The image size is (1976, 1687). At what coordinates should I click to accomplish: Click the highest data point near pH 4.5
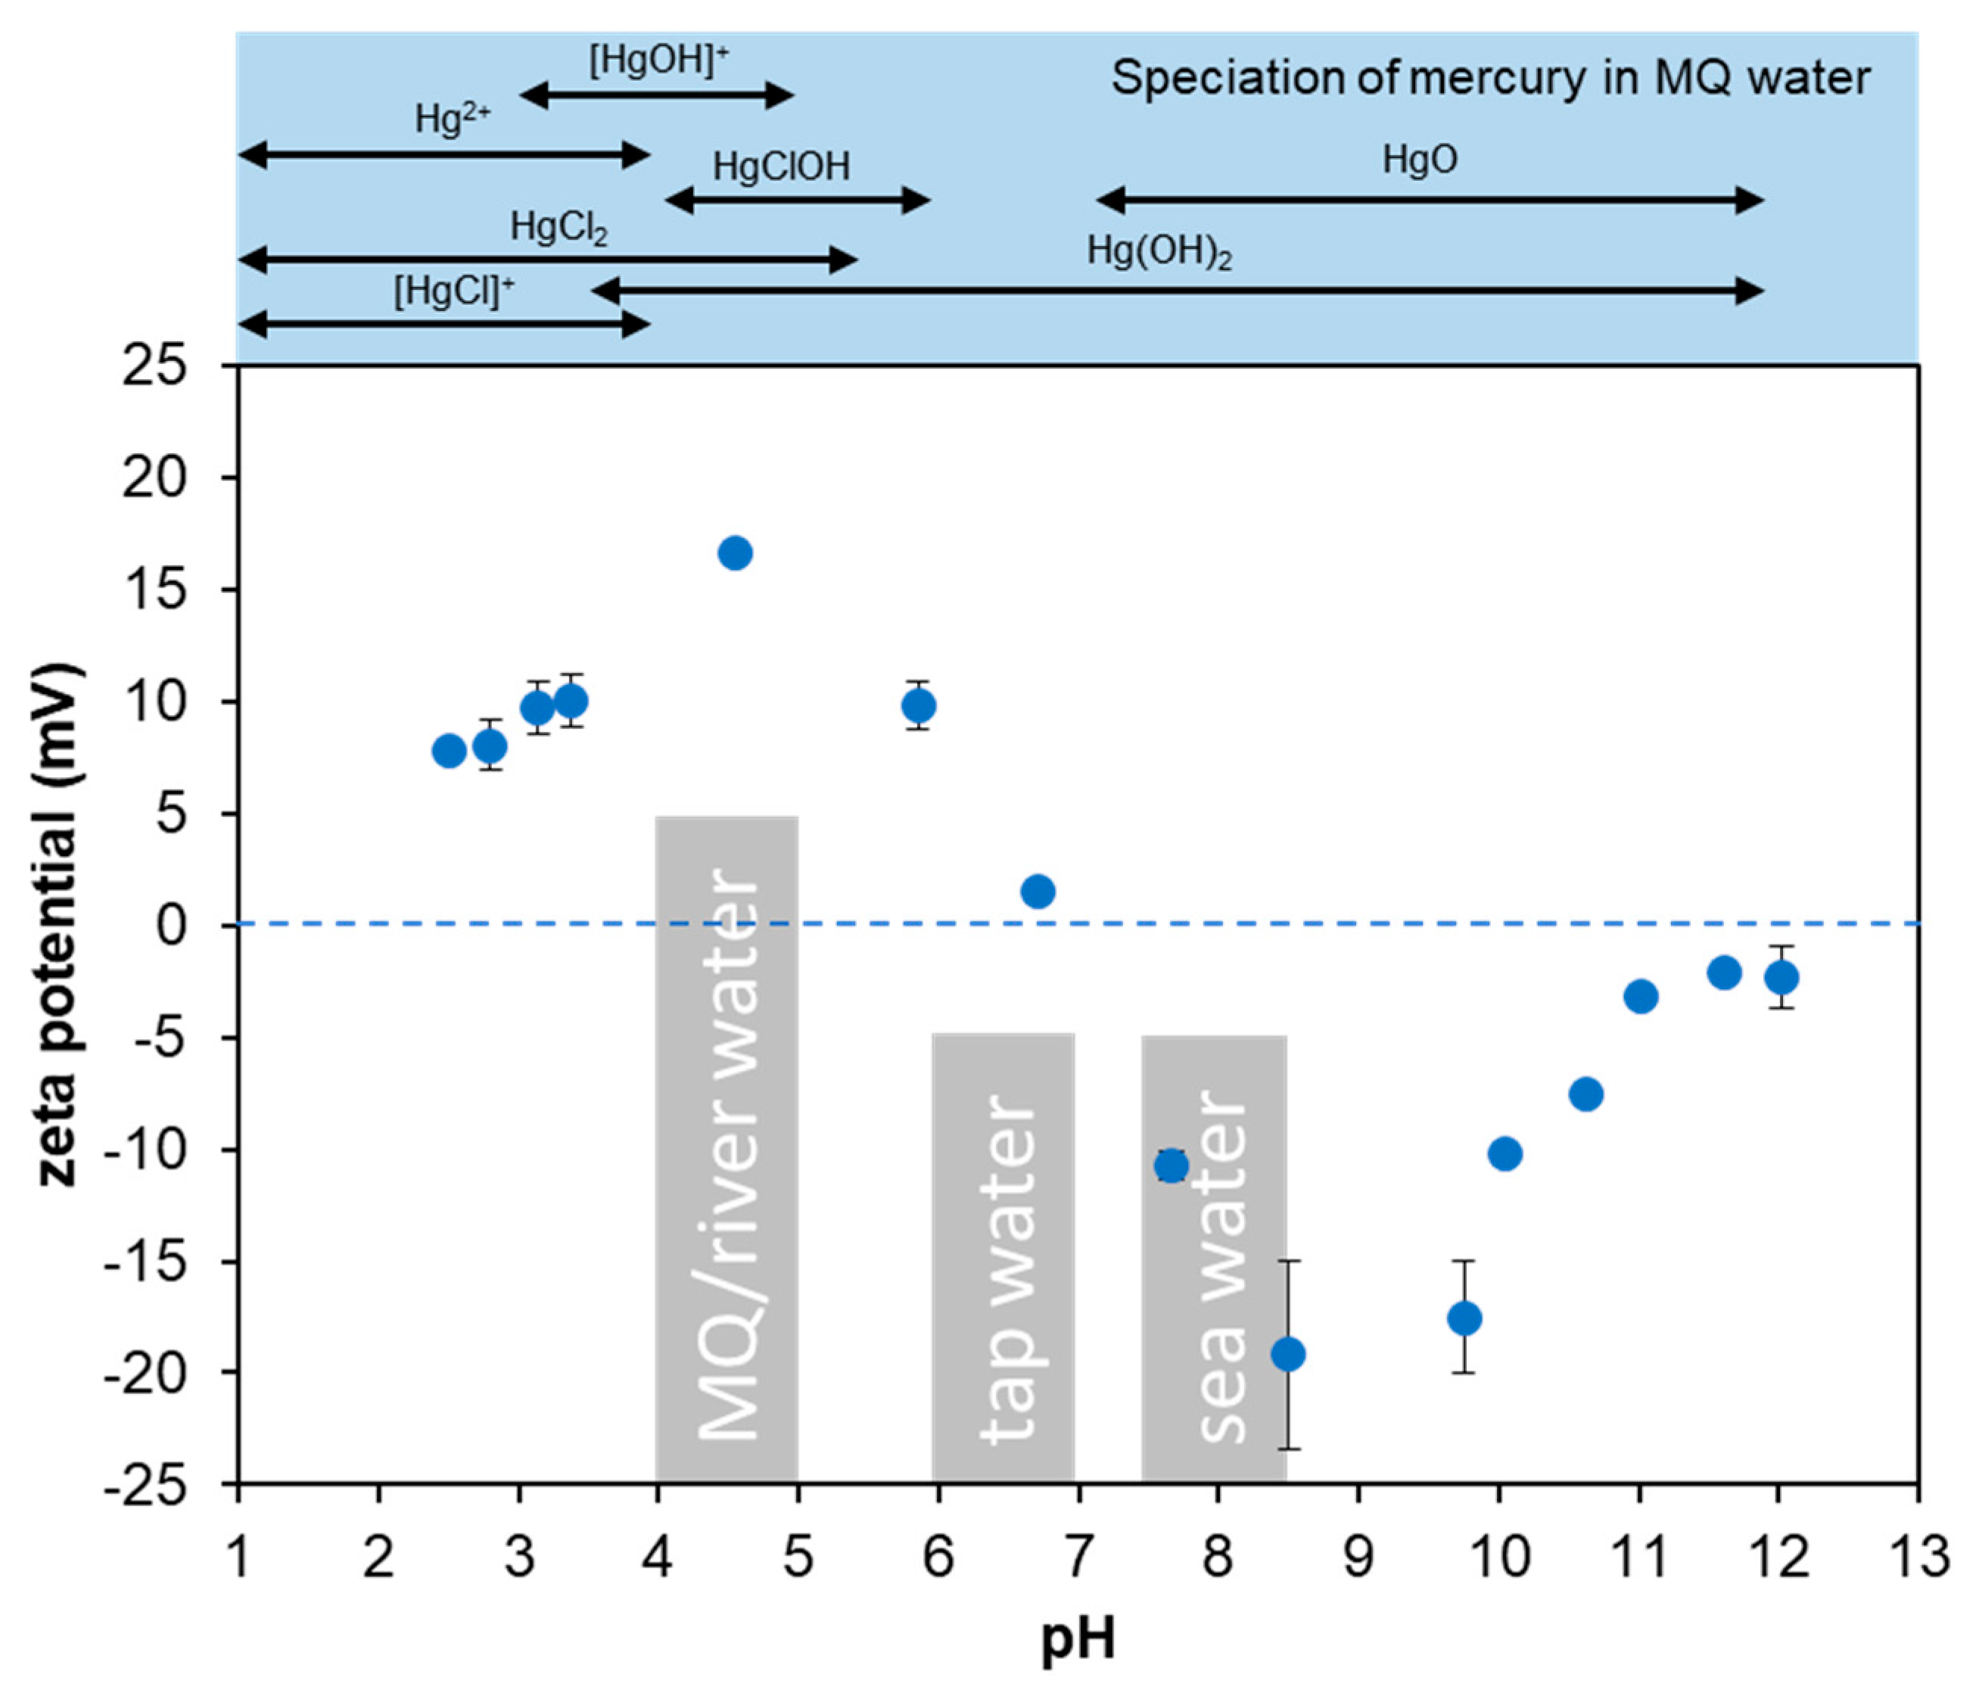[x=734, y=553]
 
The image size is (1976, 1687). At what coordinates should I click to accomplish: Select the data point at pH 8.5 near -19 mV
[x=1288, y=1353]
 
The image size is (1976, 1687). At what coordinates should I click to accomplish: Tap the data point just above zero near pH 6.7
[x=1038, y=892]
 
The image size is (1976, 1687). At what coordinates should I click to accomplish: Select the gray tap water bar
[x=1004, y=1259]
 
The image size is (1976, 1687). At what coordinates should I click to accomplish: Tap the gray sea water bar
[x=1214, y=1259]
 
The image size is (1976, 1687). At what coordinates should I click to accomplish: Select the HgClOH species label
[x=781, y=168]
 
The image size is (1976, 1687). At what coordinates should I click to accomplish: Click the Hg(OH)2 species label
[x=1159, y=253]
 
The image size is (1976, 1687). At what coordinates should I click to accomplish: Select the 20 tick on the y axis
[x=154, y=478]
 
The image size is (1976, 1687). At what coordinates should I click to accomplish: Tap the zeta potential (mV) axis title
[x=59, y=925]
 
